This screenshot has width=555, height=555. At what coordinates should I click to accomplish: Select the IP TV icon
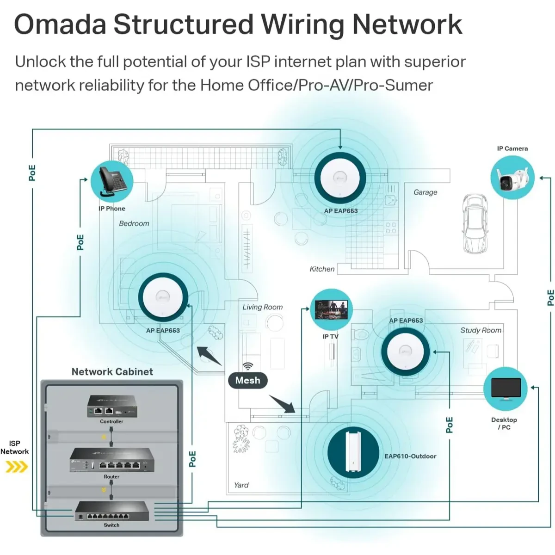click(x=331, y=310)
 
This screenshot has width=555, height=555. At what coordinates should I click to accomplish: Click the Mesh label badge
click(x=248, y=380)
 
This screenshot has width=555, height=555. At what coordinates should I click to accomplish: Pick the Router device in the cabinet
click(x=111, y=460)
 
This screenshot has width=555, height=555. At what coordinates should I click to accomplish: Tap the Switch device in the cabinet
click(x=111, y=511)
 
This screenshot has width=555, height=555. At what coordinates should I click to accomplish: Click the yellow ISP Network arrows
click(x=16, y=467)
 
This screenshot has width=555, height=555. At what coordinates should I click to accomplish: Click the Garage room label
click(x=425, y=192)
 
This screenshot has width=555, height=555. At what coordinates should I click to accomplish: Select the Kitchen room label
click(x=322, y=269)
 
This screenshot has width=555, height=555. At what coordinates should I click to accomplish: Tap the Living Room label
click(x=262, y=307)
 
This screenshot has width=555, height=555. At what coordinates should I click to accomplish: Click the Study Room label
click(x=481, y=330)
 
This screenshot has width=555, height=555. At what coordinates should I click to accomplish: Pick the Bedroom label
click(x=134, y=223)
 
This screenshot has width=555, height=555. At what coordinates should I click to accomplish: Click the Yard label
click(x=241, y=485)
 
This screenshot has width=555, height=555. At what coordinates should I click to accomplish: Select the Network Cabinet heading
click(x=112, y=372)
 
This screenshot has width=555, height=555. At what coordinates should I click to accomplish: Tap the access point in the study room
click(x=406, y=351)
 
